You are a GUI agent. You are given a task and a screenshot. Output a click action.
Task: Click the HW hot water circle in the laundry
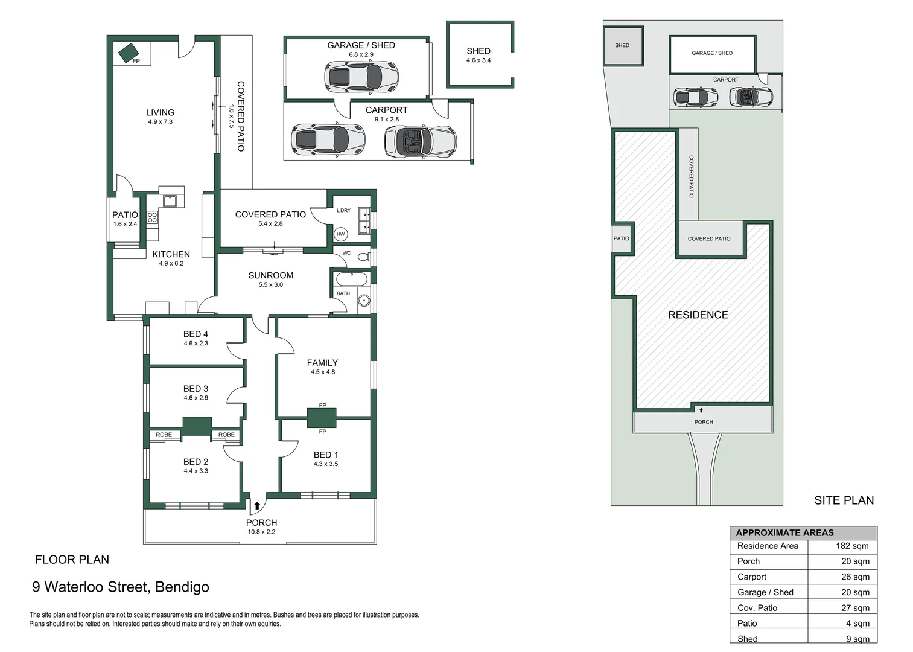[340, 234]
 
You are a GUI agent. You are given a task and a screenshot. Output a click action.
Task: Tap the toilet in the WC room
[363, 257]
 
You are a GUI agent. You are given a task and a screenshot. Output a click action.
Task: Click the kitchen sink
[169, 200]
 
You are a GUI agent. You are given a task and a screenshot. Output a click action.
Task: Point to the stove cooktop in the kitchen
[153, 217]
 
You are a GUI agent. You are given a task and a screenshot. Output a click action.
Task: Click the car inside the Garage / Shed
[361, 77]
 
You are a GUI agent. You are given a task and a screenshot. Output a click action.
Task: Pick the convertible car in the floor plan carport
[420, 141]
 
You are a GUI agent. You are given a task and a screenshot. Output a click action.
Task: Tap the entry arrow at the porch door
[257, 506]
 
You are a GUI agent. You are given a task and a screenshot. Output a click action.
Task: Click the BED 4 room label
[196, 334]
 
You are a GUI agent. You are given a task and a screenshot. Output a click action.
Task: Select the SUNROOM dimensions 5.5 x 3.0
[270, 284]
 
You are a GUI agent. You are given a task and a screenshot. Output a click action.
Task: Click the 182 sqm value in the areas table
[852, 546]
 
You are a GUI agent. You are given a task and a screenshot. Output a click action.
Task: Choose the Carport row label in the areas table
[752, 577]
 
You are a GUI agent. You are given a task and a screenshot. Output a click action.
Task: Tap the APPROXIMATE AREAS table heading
[785, 532]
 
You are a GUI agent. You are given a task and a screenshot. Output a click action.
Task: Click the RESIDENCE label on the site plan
[698, 315]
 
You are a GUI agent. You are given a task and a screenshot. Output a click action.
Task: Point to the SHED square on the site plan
[623, 46]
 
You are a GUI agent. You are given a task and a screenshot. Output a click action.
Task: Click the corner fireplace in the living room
[129, 53]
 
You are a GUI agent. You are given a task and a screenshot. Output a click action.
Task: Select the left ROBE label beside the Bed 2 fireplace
[164, 435]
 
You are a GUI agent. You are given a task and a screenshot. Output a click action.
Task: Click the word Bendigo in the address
[182, 587]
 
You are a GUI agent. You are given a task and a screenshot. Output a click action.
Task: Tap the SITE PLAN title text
[844, 500]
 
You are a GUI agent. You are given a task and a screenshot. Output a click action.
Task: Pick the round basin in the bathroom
[363, 301]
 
